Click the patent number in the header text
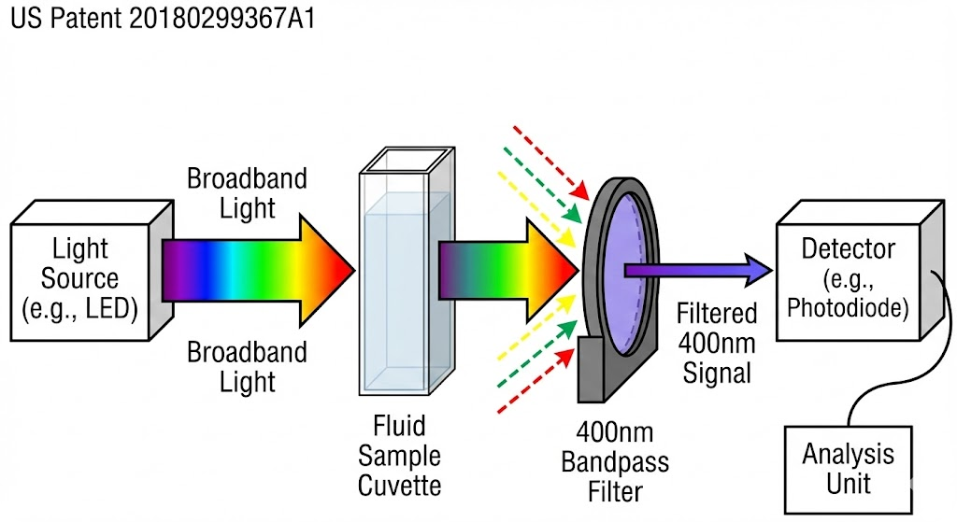tap(222, 19)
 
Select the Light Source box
tap(92, 271)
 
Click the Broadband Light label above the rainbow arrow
tap(247, 193)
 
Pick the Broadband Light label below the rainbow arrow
tap(247, 367)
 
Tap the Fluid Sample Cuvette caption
tap(399, 456)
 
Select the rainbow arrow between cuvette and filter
tap(508, 271)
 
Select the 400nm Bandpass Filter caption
tap(615, 462)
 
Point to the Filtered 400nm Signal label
tap(717, 343)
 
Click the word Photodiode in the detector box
tap(848, 308)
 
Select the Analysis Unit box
tap(849, 470)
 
